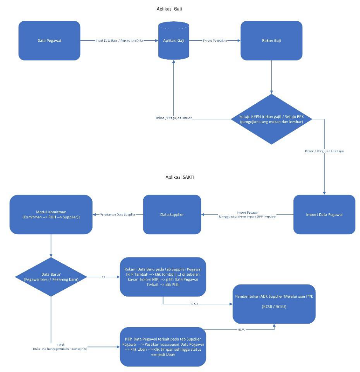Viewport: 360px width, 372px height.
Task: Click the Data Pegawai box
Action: pos(49,40)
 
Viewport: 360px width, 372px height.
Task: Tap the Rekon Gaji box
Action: pos(271,40)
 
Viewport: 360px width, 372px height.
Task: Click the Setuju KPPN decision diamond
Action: pos(271,119)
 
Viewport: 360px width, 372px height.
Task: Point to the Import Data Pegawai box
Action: pos(324,214)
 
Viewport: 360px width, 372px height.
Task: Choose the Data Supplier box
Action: pos(172,214)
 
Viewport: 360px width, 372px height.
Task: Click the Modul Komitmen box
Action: pos(51,214)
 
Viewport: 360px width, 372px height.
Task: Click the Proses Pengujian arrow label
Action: pos(214,41)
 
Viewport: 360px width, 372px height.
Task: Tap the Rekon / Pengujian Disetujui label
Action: pos(324,151)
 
